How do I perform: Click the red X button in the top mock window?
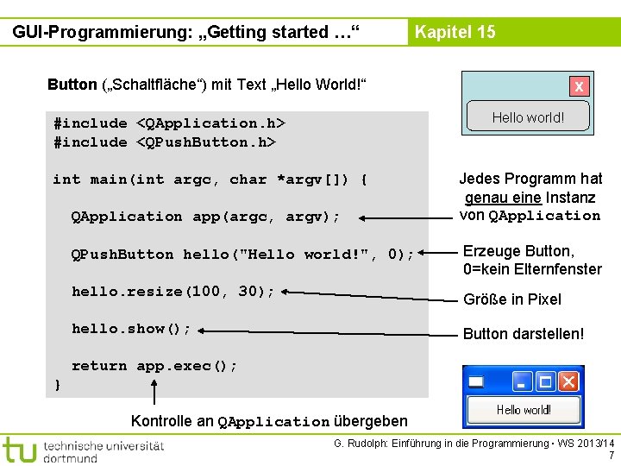coord(579,86)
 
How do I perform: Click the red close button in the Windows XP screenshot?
coord(568,381)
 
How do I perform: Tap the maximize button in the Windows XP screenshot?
coord(545,381)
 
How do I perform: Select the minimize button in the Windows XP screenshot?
coord(523,381)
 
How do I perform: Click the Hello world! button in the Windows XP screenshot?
coord(524,410)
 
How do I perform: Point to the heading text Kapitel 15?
coord(455,33)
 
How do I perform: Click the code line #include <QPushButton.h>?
coord(164,142)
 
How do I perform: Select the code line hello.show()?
coord(131,329)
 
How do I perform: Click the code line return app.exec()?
coord(154,366)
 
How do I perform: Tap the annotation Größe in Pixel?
coord(512,299)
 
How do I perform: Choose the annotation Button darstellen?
coord(524,334)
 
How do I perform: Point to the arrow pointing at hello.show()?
coord(328,331)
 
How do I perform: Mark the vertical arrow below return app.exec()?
coord(154,392)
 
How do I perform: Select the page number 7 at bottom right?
coord(611,456)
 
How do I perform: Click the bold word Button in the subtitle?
coord(72,85)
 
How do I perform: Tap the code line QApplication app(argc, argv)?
coord(205,217)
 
